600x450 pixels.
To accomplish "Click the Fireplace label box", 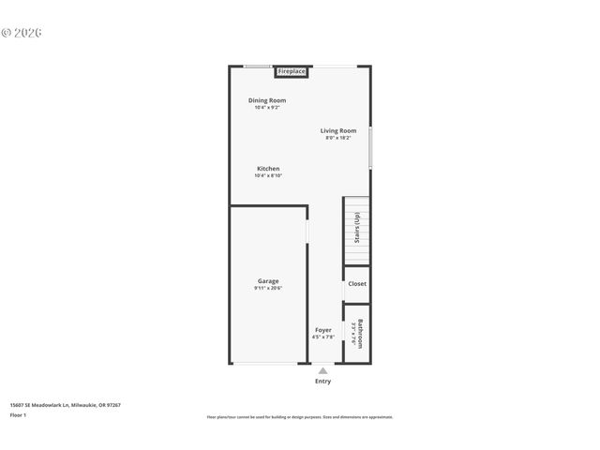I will coord(292,71).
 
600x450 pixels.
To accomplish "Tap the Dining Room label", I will coord(267,100).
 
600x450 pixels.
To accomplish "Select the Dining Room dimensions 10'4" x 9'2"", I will coord(267,108).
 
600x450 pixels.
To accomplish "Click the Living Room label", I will coord(337,130).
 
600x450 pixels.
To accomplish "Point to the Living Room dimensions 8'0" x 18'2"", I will coord(337,138).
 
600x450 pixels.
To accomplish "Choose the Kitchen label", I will coord(268,169).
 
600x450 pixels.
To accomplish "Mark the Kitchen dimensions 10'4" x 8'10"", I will coord(268,176).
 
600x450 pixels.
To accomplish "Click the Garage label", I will coord(268,281).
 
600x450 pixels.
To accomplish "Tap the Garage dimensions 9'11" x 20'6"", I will coord(268,289).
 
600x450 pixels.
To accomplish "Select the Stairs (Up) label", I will coord(356,229).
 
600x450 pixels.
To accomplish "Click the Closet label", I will coord(357,283).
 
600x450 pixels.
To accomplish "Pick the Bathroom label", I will coord(360,334).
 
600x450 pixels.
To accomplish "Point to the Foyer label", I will coord(322,330).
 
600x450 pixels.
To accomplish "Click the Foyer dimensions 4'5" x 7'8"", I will coord(322,337).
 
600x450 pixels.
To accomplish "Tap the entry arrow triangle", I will coord(322,370).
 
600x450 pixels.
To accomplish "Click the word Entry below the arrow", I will coord(322,382).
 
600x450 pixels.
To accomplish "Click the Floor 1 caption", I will coord(18,414).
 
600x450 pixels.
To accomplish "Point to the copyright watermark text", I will coord(22,32).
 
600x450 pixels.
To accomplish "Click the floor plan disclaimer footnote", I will coord(300,417).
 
